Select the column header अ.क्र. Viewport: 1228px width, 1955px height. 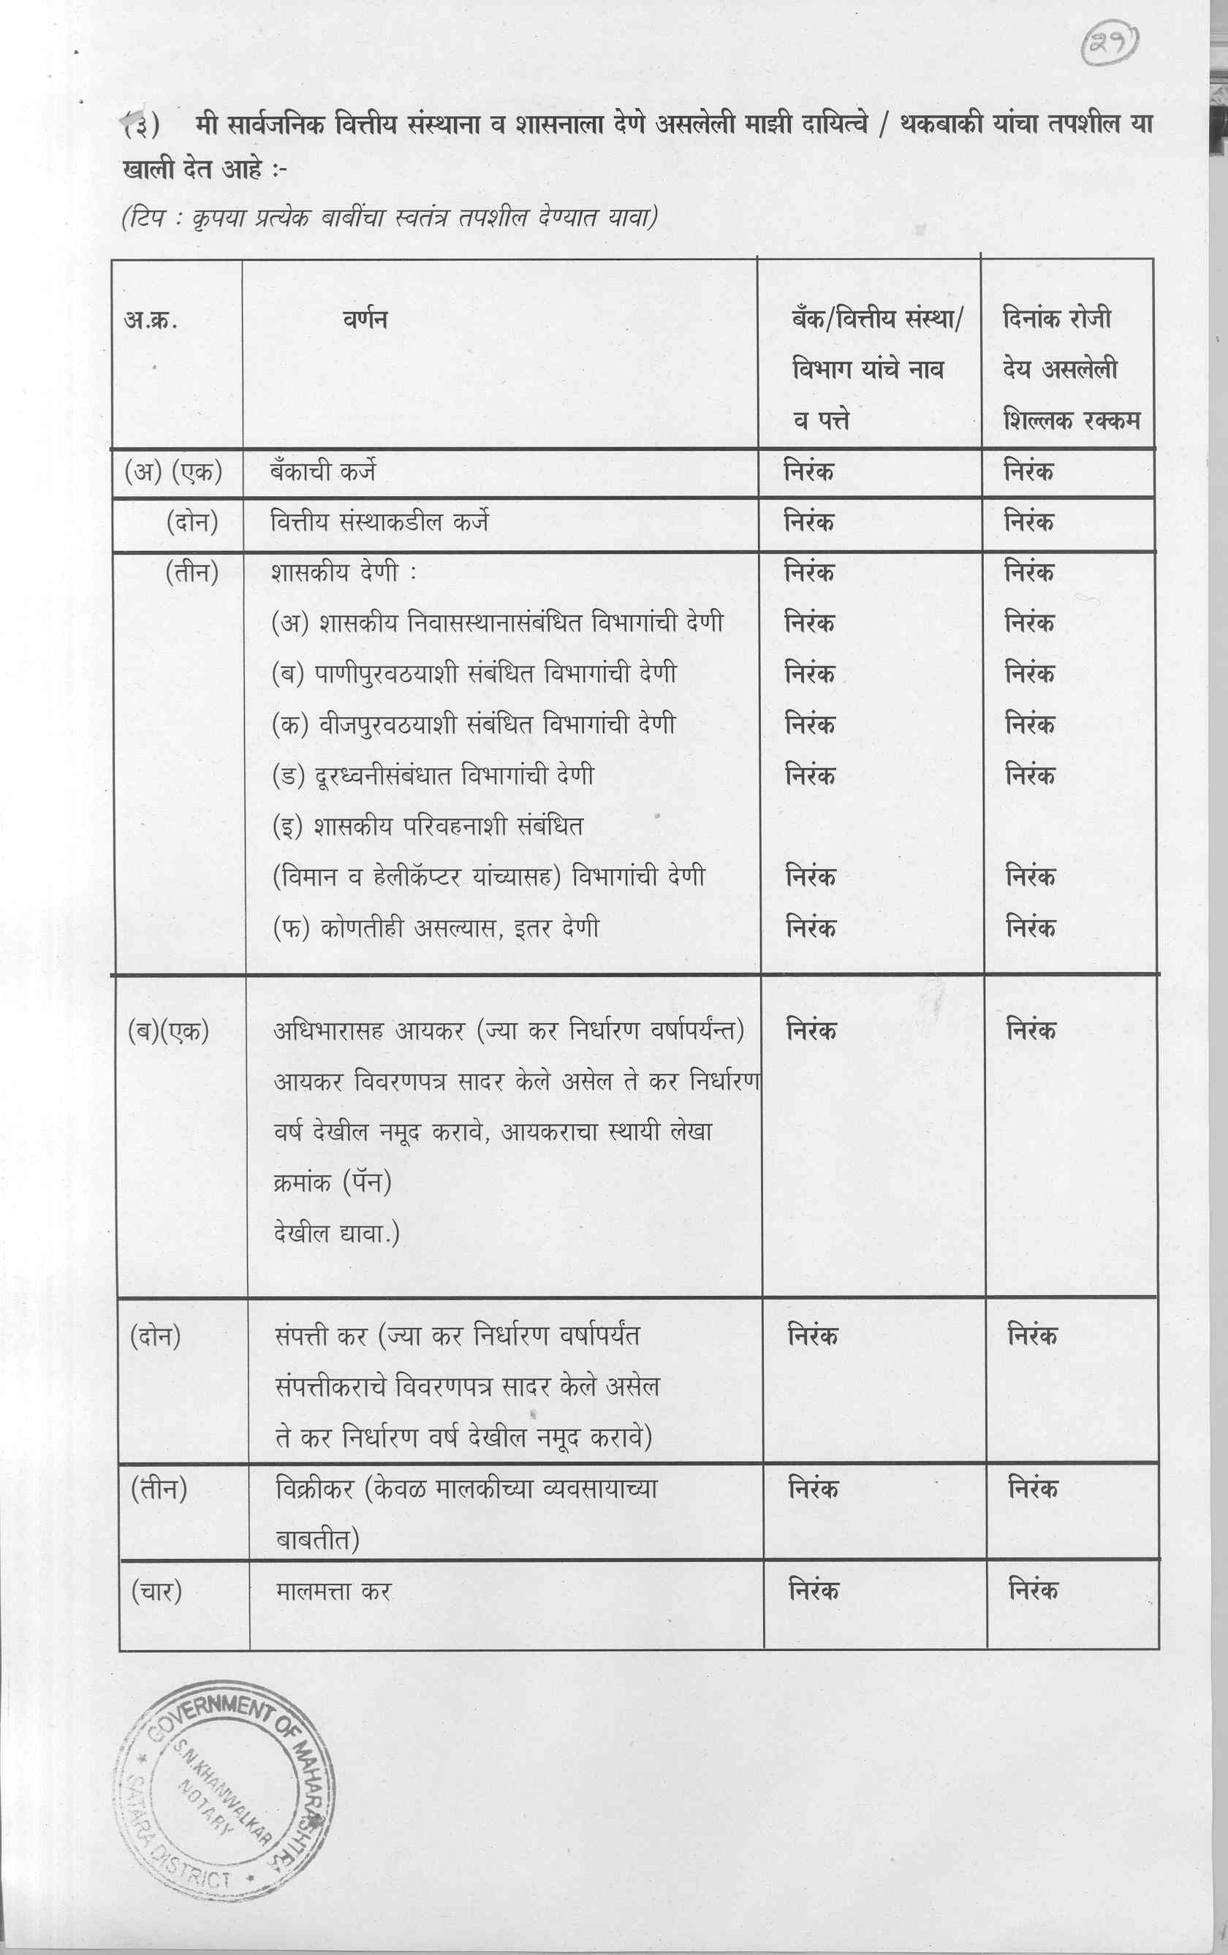pyautogui.click(x=151, y=320)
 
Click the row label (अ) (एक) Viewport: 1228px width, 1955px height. pyautogui.click(x=173, y=471)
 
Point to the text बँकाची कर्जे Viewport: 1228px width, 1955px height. pyautogui.click(x=322, y=471)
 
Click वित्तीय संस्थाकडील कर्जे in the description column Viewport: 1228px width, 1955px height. pyautogui.click(x=379, y=522)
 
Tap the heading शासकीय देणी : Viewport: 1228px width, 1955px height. pyautogui.click(x=344, y=573)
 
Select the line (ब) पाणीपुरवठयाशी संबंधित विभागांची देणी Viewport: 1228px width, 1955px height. pyautogui.click(x=474, y=674)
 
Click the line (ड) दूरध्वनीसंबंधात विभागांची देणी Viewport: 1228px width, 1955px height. pyautogui.click(x=432, y=775)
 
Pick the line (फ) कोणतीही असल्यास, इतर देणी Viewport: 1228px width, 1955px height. pyautogui.click(x=436, y=927)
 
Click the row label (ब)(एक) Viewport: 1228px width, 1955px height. pyautogui.click(x=168, y=1031)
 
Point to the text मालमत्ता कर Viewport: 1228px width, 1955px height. pyautogui.click(x=333, y=1591)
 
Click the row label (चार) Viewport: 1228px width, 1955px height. pyautogui.click(x=156, y=1591)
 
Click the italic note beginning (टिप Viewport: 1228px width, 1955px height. pyautogui.click(x=388, y=218)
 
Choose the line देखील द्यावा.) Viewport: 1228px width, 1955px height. pyautogui.click(x=336, y=1234)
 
